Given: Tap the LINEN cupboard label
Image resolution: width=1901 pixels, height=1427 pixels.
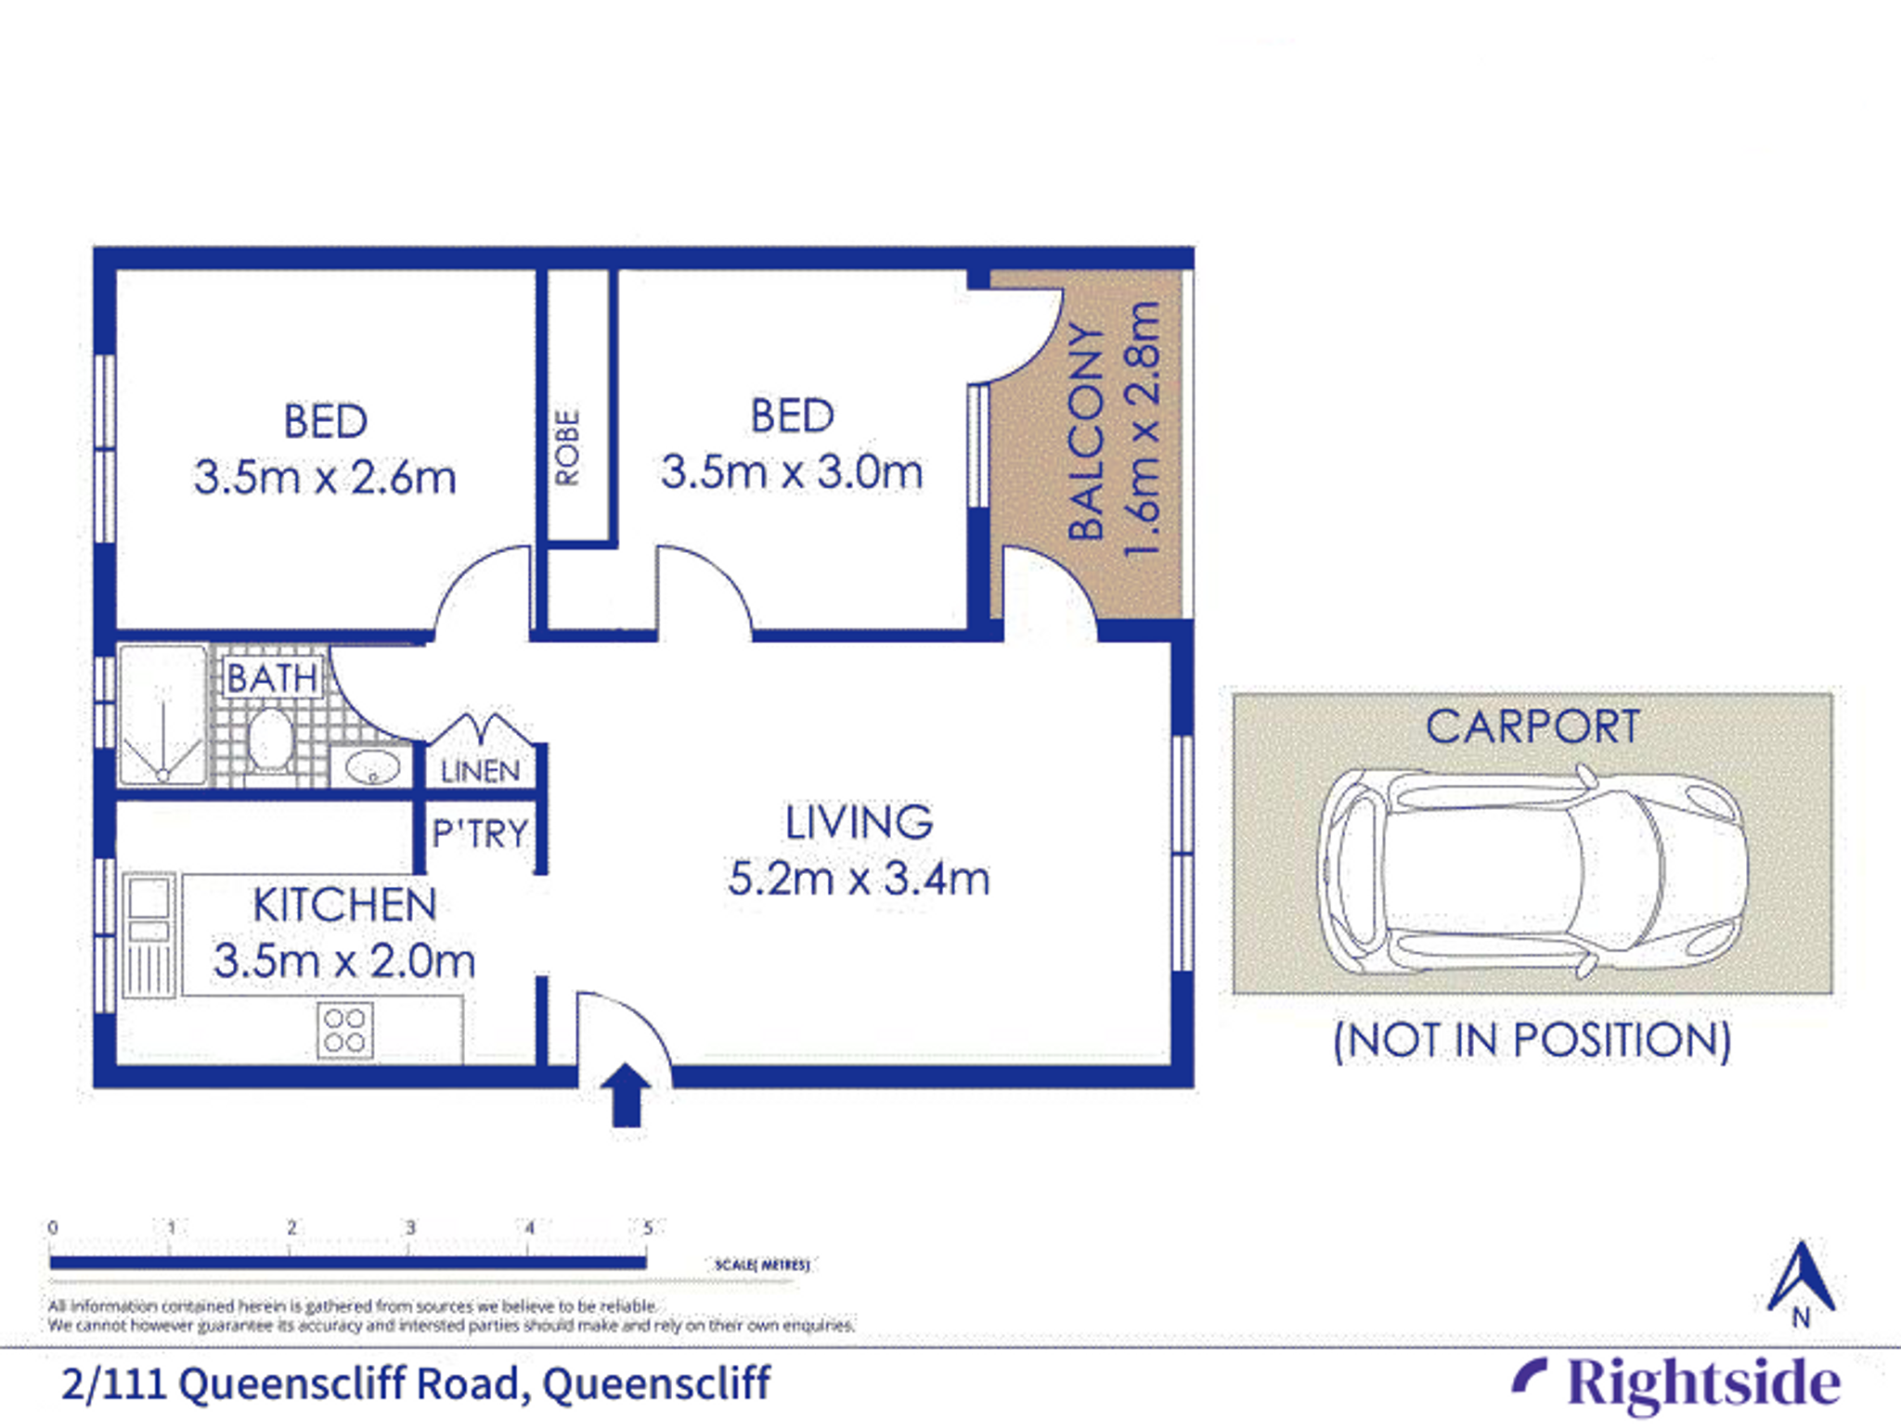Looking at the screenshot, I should [480, 770].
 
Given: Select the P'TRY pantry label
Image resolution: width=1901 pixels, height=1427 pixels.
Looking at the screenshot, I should [480, 833].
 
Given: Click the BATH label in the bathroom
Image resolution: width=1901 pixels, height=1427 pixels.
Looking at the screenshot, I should [272, 678].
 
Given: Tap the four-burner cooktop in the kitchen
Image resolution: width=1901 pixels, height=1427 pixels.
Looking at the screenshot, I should [345, 1030].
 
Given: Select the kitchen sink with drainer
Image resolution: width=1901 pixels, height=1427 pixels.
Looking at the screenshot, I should [149, 934].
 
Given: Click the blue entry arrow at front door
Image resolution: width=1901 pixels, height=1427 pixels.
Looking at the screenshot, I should [627, 1094].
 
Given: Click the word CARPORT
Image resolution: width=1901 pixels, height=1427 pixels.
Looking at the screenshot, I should [1532, 726].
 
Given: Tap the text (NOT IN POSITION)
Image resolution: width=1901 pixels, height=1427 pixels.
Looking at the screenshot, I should [1532, 1040].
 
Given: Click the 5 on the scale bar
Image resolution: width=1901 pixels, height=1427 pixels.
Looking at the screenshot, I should [648, 1228].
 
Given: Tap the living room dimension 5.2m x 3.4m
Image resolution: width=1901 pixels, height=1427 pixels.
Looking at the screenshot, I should [859, 879].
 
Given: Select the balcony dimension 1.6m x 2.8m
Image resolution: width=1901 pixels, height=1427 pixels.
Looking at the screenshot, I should [1143, 429].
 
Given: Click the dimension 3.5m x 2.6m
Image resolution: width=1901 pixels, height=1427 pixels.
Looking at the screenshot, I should [325, 478].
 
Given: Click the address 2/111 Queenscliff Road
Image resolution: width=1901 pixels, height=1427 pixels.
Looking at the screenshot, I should [415, 1383].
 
